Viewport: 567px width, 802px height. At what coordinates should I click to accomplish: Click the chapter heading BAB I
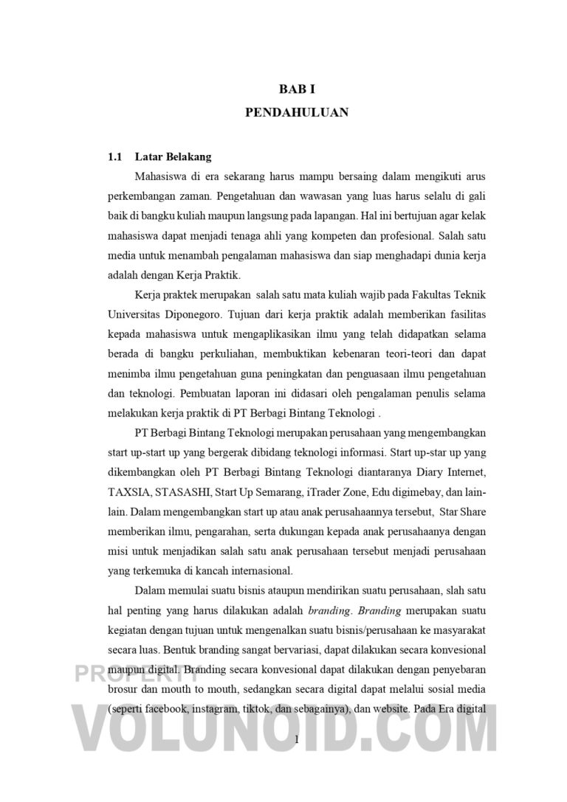pyautogui.click(x=297, y=89)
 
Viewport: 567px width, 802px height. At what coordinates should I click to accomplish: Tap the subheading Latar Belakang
pyautogui.click(x=173, y=157)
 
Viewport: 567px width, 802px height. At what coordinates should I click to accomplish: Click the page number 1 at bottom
pyautogui.click(x=296, y=739)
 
